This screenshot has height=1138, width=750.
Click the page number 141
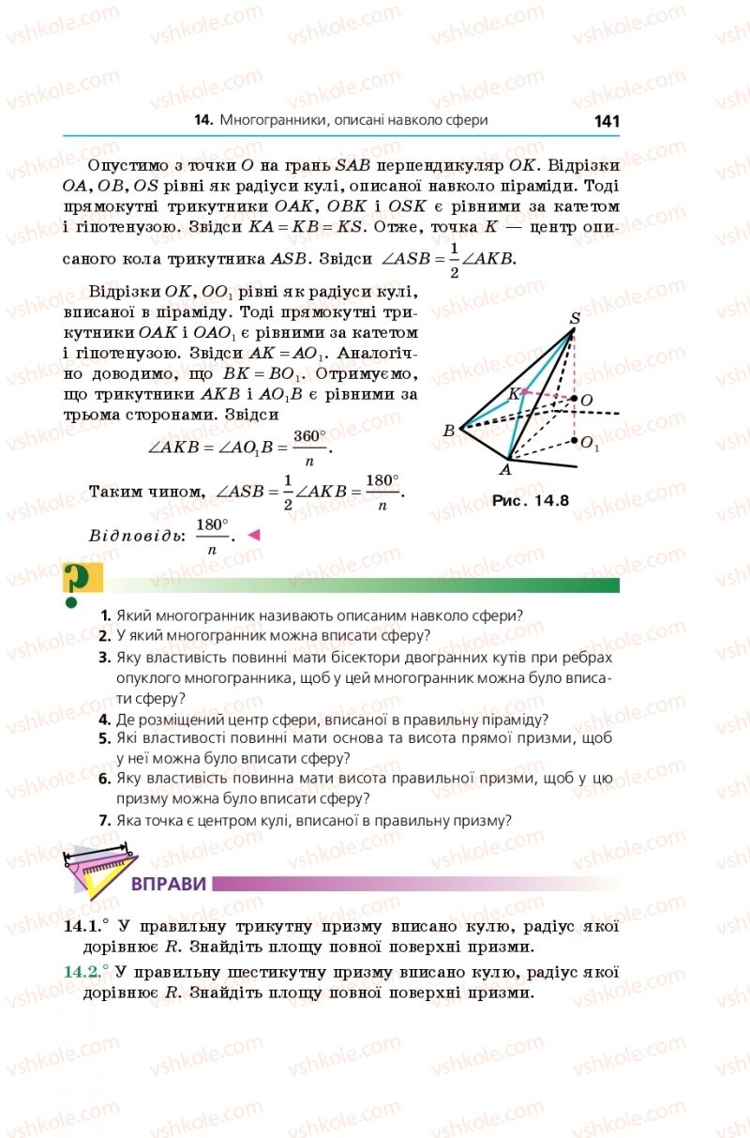607,121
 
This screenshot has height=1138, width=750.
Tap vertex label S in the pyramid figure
575,319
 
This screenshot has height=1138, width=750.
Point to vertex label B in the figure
449,431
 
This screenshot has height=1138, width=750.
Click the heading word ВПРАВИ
169,885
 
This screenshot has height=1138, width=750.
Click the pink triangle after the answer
252,535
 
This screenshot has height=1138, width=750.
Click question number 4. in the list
106,720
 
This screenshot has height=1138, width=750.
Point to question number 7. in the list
106,820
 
